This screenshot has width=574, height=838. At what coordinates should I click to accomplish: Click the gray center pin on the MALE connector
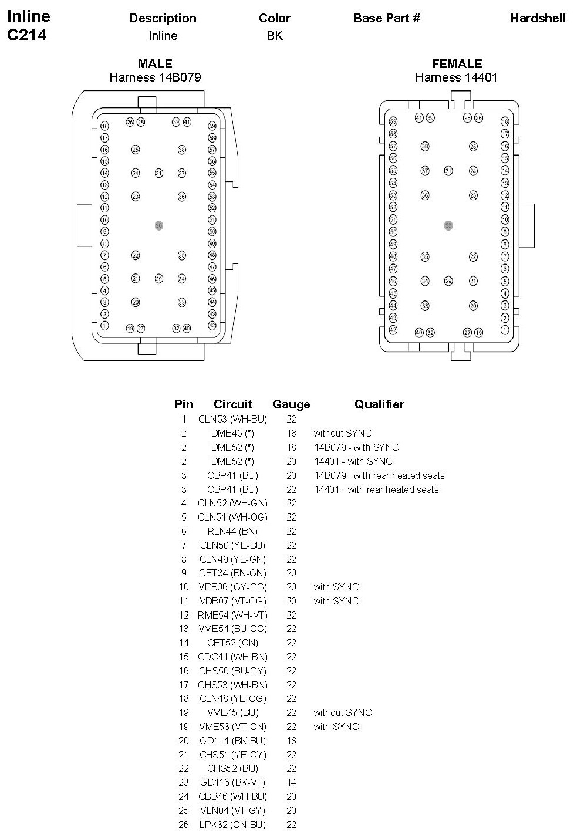[158, 225]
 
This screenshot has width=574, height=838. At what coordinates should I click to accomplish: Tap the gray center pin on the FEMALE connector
[448, 225]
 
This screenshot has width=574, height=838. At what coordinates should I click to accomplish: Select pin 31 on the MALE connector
[158, 173]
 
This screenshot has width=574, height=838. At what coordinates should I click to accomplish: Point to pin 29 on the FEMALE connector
[448, 281]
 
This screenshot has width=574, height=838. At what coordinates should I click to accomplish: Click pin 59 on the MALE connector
[212, 126]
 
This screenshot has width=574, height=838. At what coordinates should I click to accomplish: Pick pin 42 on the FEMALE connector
[393, 330]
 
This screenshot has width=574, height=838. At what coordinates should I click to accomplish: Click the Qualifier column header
[379, 404]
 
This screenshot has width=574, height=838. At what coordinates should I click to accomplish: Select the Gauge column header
[291, 404]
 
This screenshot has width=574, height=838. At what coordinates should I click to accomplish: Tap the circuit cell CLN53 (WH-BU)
[232, 419]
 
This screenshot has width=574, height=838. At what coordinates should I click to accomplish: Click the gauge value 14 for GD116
[291, 782]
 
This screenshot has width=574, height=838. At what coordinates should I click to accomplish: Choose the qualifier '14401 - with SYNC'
[353, 461]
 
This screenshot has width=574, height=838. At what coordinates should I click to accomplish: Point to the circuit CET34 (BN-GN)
[232, 573]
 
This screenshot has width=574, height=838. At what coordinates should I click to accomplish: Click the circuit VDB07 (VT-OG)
[232, 601]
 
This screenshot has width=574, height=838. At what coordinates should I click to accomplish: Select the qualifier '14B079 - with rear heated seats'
[379, 475]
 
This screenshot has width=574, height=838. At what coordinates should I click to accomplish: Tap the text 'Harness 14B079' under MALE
[155, 77]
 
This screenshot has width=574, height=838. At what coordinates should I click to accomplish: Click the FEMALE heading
[457, 64]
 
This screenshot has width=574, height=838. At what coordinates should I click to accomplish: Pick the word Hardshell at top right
[538, 18]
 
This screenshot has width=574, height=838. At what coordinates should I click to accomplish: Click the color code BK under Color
[275, 36]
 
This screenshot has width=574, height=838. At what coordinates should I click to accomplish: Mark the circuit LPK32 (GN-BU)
[232, 825]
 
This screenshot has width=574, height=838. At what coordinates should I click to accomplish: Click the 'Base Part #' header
[387, 18]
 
